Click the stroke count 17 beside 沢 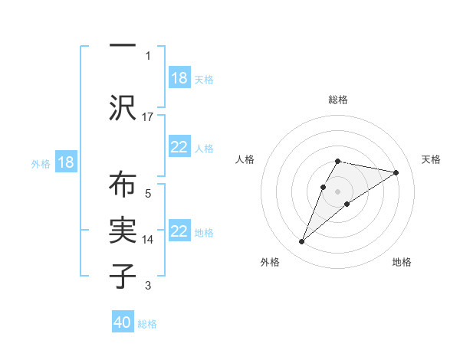pyautogui.click(x=149, y=117)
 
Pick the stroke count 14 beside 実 pyautogui.click(x=149, y=239)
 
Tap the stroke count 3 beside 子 pyautogui.click(x=148, y=286)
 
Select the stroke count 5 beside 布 pyautogui.click(x=148, y=193)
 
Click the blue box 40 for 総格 pyautogui.click(x=123, y=323)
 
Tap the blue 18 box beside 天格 pyautogui.click(x=179, y=78)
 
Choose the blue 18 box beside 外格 pyautogui.click(x=65, y=162)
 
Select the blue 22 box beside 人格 pyautogui.click(x=179, y=147)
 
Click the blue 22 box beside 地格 pyautogui.click(x=179, y=231)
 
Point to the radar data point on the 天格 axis pyautogui.click(x=396, y=172)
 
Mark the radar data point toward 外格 pyautogui.click(x=302, y=242)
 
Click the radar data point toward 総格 pyautogui.click(x=337, y=162)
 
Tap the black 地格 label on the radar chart pyautogui.click(x=402, y=262)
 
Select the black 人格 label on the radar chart pyautogui.click(x=245, y=159)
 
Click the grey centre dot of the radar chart pyautogui.click(x=337, y=191)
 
